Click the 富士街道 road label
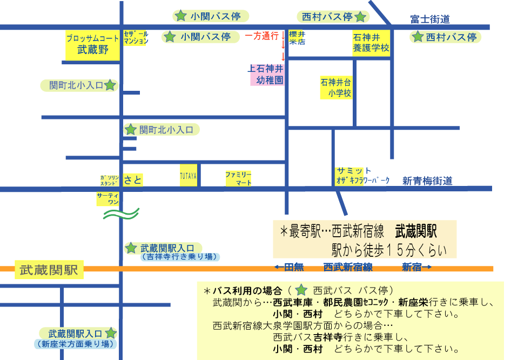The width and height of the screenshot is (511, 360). [430, 19]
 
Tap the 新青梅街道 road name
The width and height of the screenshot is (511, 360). [427, 181]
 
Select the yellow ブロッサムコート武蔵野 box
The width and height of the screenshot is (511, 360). [92, 45]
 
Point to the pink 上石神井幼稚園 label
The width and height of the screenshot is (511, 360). [267, 75]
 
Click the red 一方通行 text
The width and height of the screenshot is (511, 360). [261, 36]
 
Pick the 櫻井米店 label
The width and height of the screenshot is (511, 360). [297, 38]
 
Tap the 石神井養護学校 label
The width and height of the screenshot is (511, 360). [371, 43]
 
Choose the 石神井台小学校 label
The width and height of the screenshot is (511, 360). [336, 88]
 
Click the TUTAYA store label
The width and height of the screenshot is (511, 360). [189, 176]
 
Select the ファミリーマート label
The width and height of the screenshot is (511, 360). [239, 179]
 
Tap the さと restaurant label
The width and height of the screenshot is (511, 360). [133, 179]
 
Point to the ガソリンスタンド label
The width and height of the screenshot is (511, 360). [110, 181]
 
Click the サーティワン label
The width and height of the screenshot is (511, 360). [108, 198]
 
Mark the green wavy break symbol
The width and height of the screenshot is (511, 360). [121, 214]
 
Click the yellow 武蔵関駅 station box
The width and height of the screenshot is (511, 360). [49, 270]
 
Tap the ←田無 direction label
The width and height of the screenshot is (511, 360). [289, 268]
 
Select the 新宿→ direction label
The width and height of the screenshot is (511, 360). [417, 268]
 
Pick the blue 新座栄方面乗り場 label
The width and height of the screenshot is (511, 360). [76, 344]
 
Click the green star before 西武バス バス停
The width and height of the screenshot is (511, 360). [301, 290]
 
